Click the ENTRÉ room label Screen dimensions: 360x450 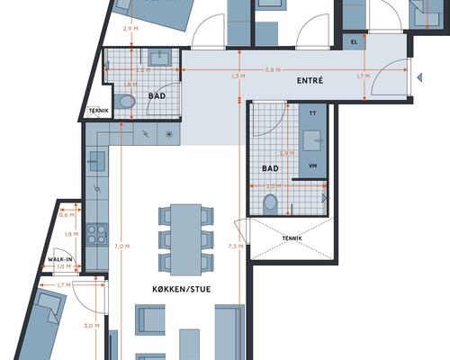point(310,81)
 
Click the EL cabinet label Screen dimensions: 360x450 point(354,41)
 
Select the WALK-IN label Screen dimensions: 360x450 point(59,258)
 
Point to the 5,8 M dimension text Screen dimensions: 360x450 point(270,70)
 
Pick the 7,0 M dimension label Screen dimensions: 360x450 point(123,247)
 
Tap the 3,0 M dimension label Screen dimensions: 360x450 point(91,326)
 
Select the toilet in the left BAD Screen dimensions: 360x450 point(125,102)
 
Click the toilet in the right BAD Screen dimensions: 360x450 point(271,203)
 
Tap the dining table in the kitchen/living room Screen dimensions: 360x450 point(186,239)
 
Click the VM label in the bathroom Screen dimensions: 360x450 point(313,166)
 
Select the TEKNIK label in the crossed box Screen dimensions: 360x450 point(292,238)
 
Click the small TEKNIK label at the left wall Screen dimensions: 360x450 point(97,111)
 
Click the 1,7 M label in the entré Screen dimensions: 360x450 point(361,76)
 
